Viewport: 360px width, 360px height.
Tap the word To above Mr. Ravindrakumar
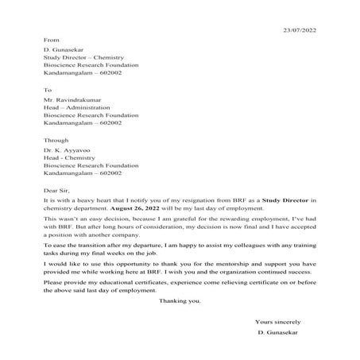pyautogui.click(x=47, y=90)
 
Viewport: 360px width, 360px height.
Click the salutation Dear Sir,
pyautogui.click(x=56, y=191)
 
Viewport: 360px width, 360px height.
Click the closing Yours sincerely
pyautogui.click(x=281, y=321)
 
